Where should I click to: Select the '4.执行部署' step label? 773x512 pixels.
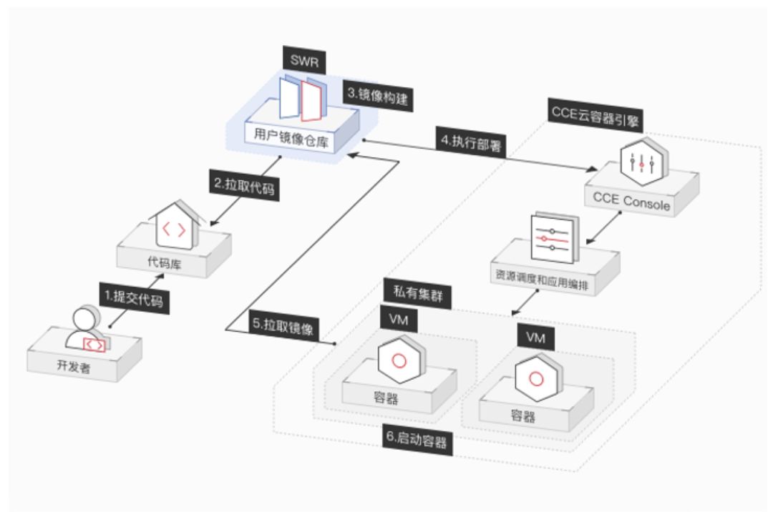pyautogui.click(x=469, y=141)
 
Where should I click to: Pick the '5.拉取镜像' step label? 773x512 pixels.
pyautogui.click(x=285, y=323)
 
